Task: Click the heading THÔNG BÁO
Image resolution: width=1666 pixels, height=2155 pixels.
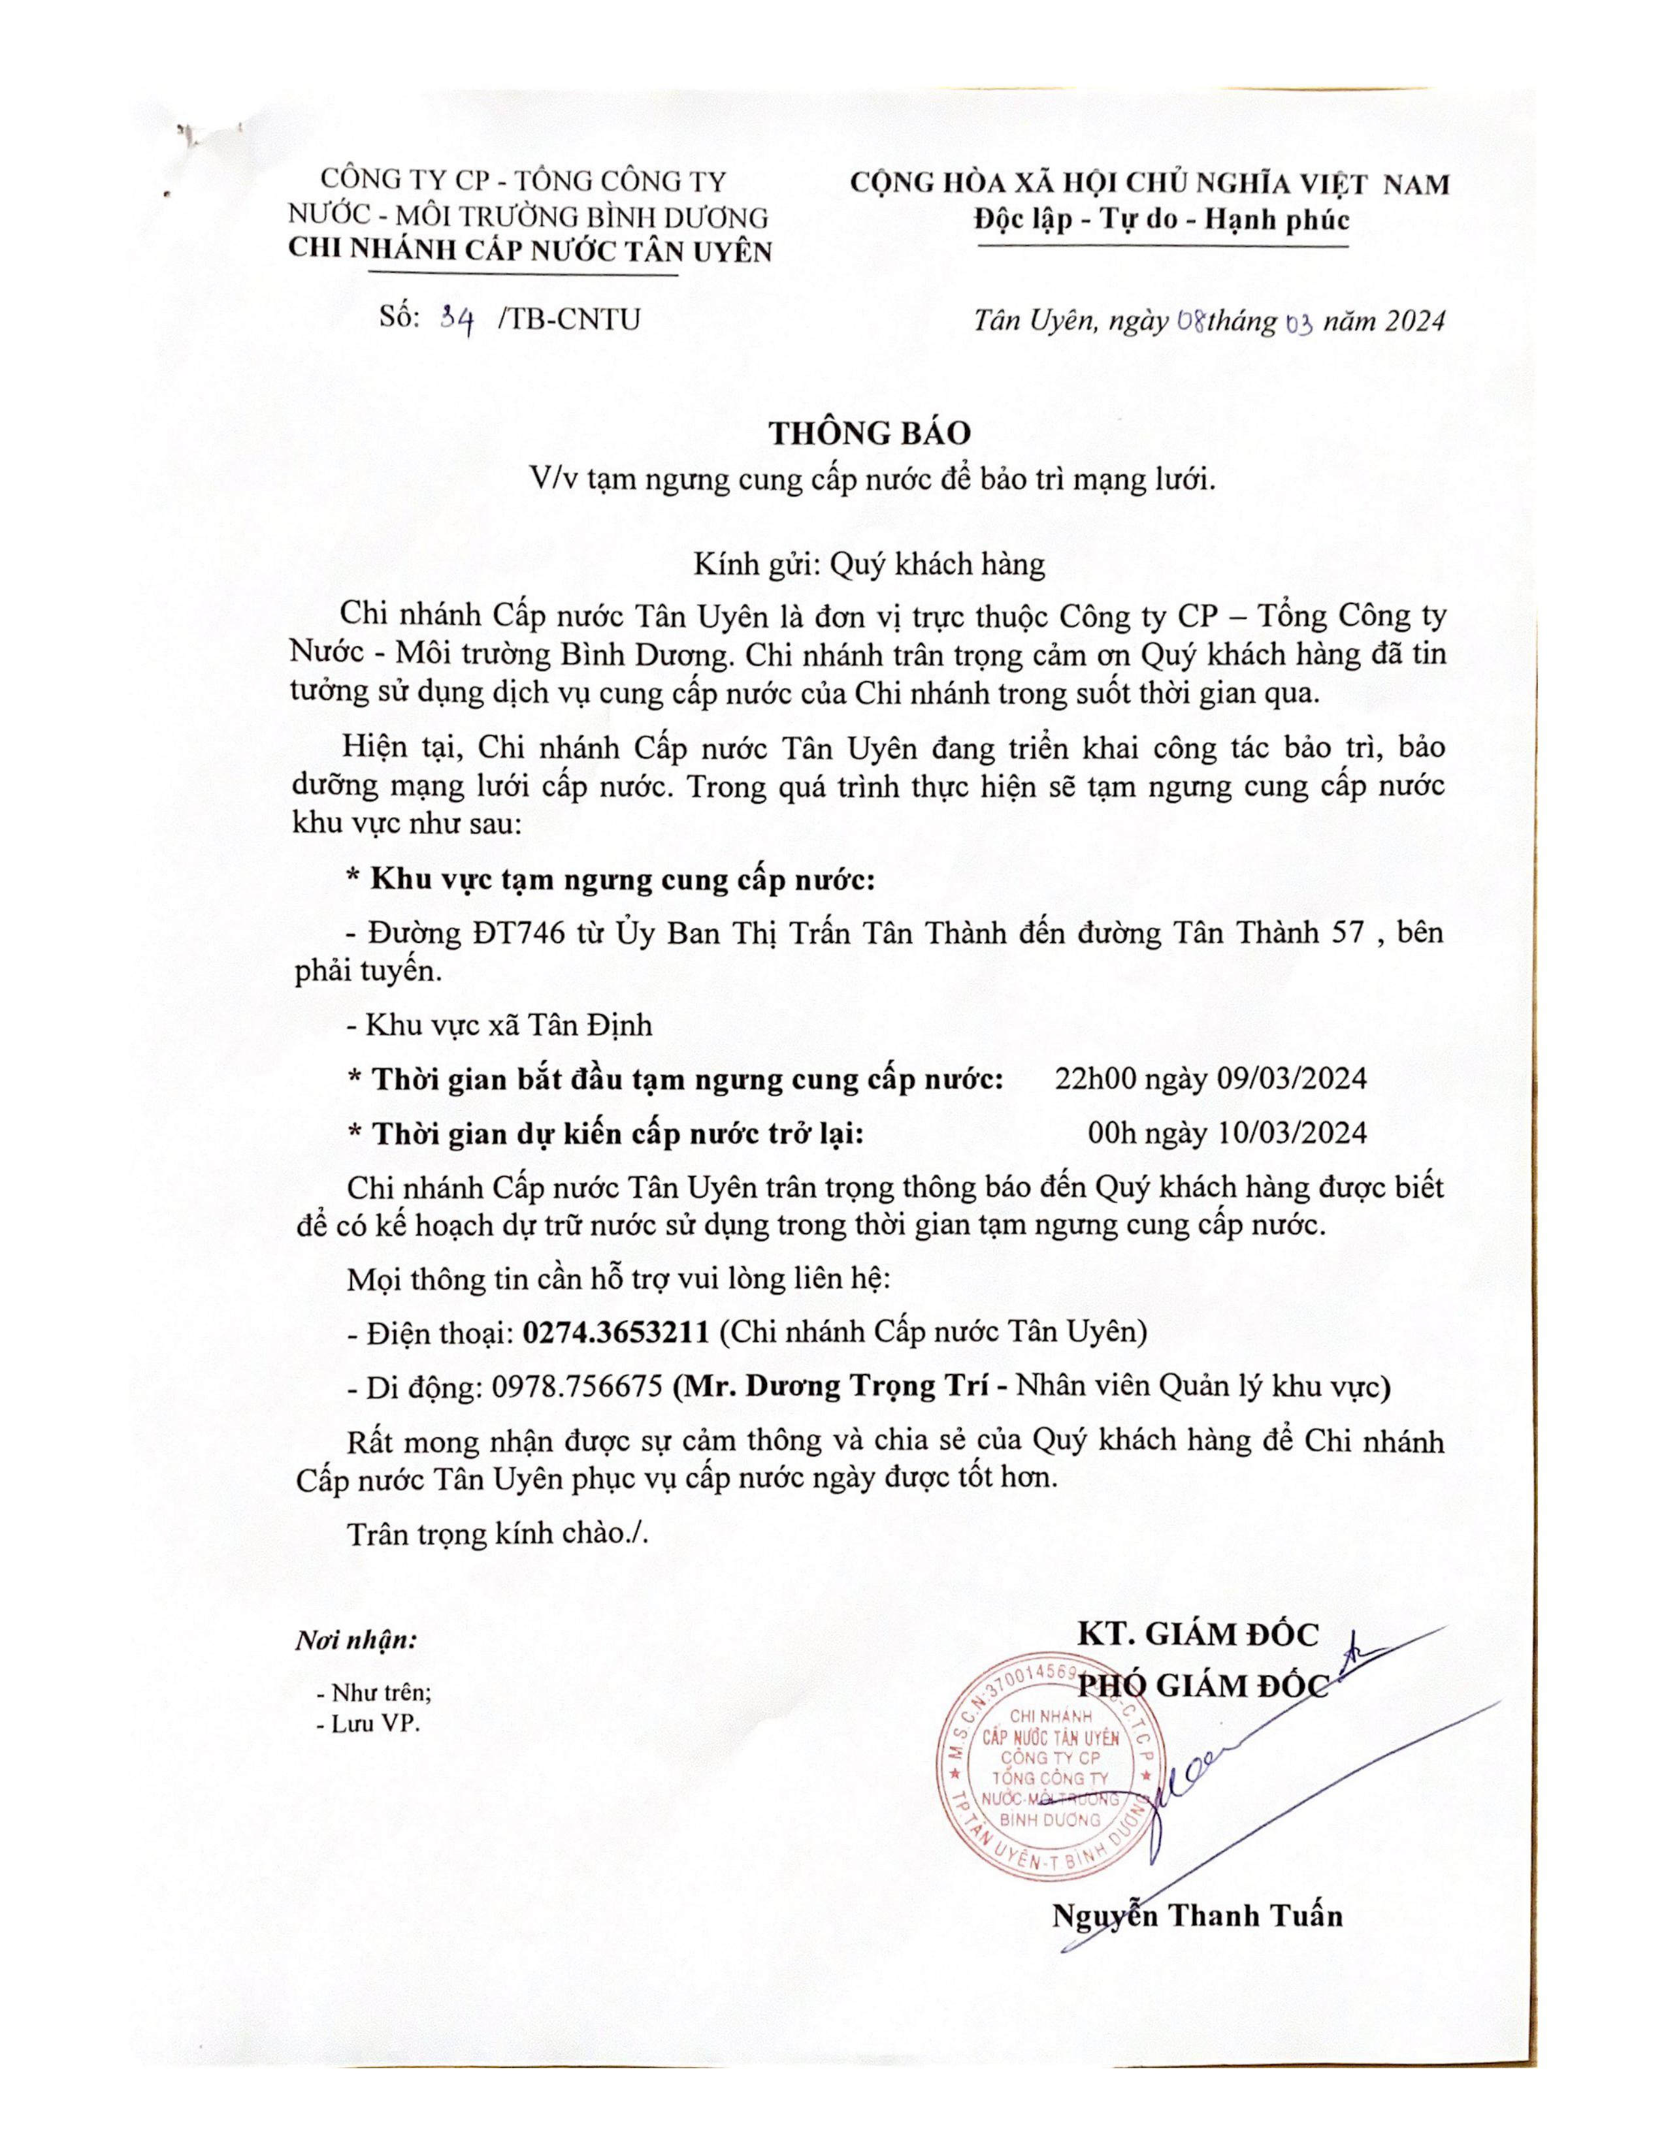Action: (x=870, y=433)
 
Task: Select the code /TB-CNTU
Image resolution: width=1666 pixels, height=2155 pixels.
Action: (x=570, y=320)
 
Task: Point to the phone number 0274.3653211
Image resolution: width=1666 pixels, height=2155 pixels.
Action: (x=616, y=1332)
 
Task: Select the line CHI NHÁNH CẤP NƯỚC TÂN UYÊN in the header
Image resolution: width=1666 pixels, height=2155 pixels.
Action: (x=529, y=251)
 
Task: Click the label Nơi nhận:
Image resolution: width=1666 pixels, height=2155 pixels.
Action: (x=355, y=1641)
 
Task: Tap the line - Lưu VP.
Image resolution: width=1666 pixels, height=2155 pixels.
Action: (x=368, y=1724)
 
